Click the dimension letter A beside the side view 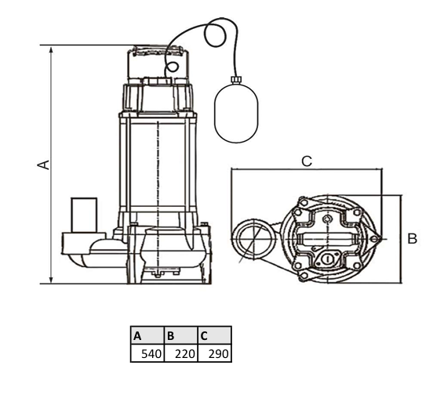pos(43,164)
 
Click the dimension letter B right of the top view pos(413,238)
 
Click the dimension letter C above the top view pos(307,161)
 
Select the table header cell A pos(147,335)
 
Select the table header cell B pos(181,335)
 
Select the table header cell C pos(215,335)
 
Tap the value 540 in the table pos(151,354)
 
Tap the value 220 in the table pos(185,354)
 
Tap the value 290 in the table pos(218,354)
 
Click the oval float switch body pos(236,113)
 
